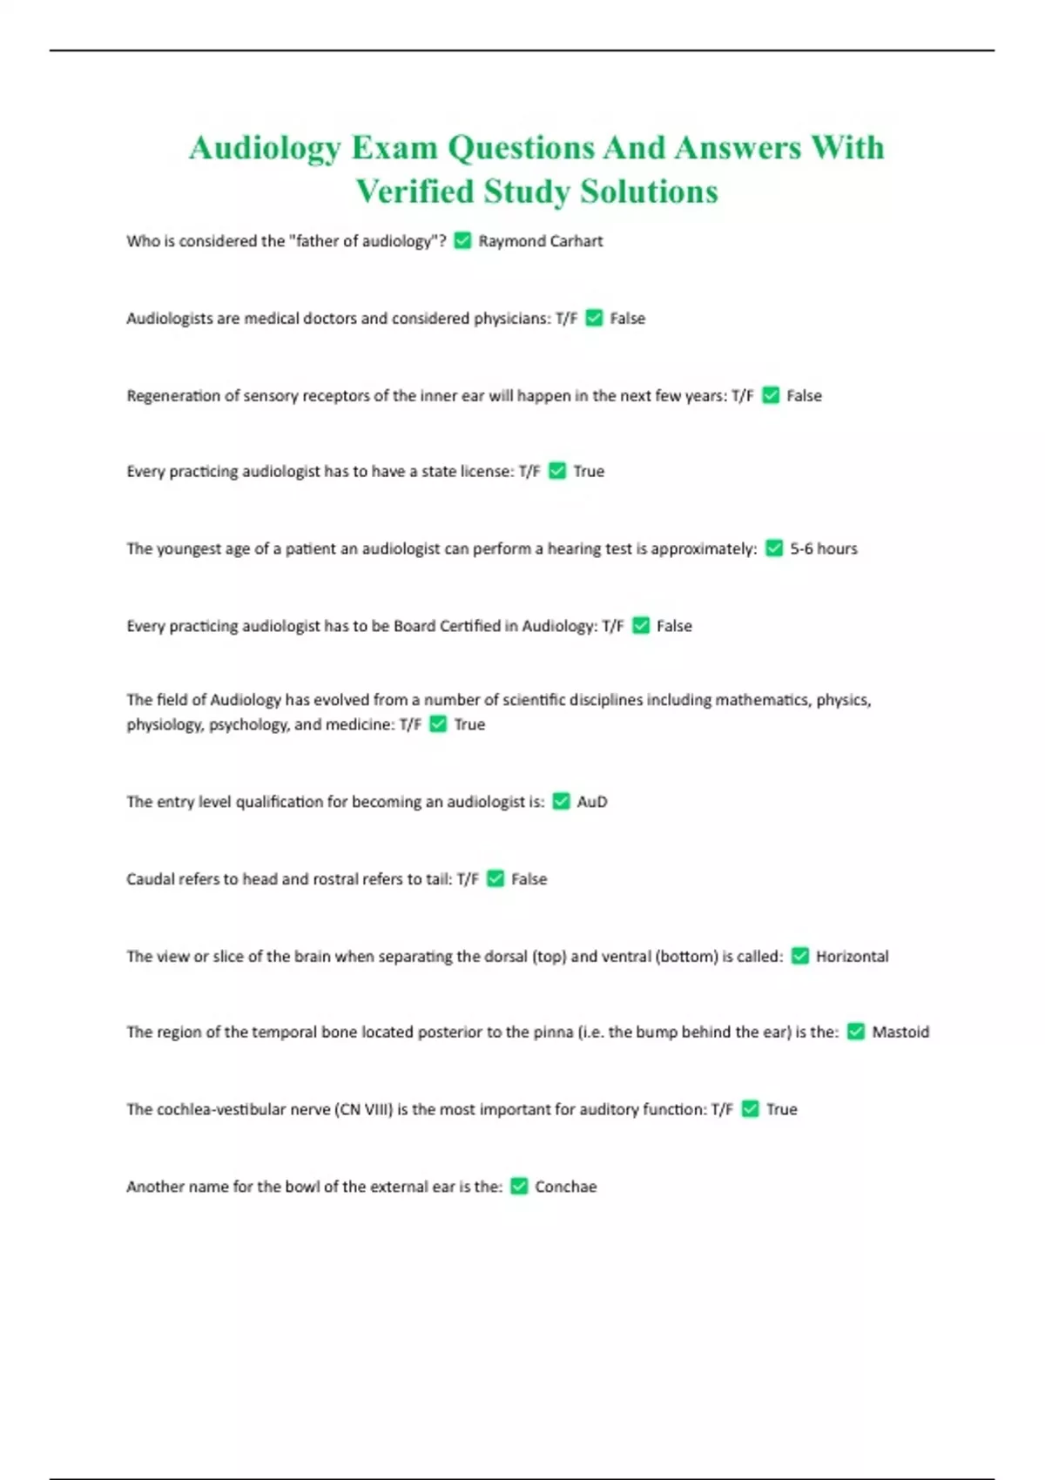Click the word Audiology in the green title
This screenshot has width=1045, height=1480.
click(264, 148)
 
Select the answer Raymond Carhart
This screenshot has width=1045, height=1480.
click(540, 241)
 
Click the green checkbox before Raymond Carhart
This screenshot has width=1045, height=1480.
click(462, 240)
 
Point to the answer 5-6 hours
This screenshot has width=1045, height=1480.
click(823, 548)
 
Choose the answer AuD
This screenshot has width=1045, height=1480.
click(592, 802)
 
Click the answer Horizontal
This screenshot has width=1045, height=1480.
click(852, 957)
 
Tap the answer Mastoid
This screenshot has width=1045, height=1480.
click(900, 1033)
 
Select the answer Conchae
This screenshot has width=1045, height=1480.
click(565, 1187)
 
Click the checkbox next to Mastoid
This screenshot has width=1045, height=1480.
click(856, 1032)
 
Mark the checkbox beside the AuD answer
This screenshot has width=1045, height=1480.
click(562, 801)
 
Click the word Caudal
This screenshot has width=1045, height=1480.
click(150, 879)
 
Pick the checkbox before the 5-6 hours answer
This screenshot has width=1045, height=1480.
click(774, 548)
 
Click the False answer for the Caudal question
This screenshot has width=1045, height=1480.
click(529, 879)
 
